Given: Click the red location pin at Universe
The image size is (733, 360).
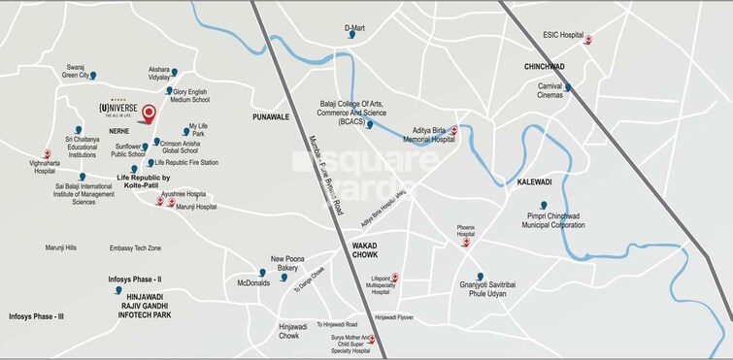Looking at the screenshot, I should coord(148,115).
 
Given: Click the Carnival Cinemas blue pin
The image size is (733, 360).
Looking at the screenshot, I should coord(569,88).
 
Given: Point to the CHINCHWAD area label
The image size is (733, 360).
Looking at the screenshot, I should coord(545,67).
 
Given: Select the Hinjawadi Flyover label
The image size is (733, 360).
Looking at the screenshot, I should coord(396,317).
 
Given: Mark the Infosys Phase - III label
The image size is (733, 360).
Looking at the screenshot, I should coord(36,317).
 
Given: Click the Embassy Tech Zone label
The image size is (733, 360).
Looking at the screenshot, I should coord(134,248).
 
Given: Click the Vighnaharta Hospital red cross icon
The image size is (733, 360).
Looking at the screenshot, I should coord(47,153).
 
